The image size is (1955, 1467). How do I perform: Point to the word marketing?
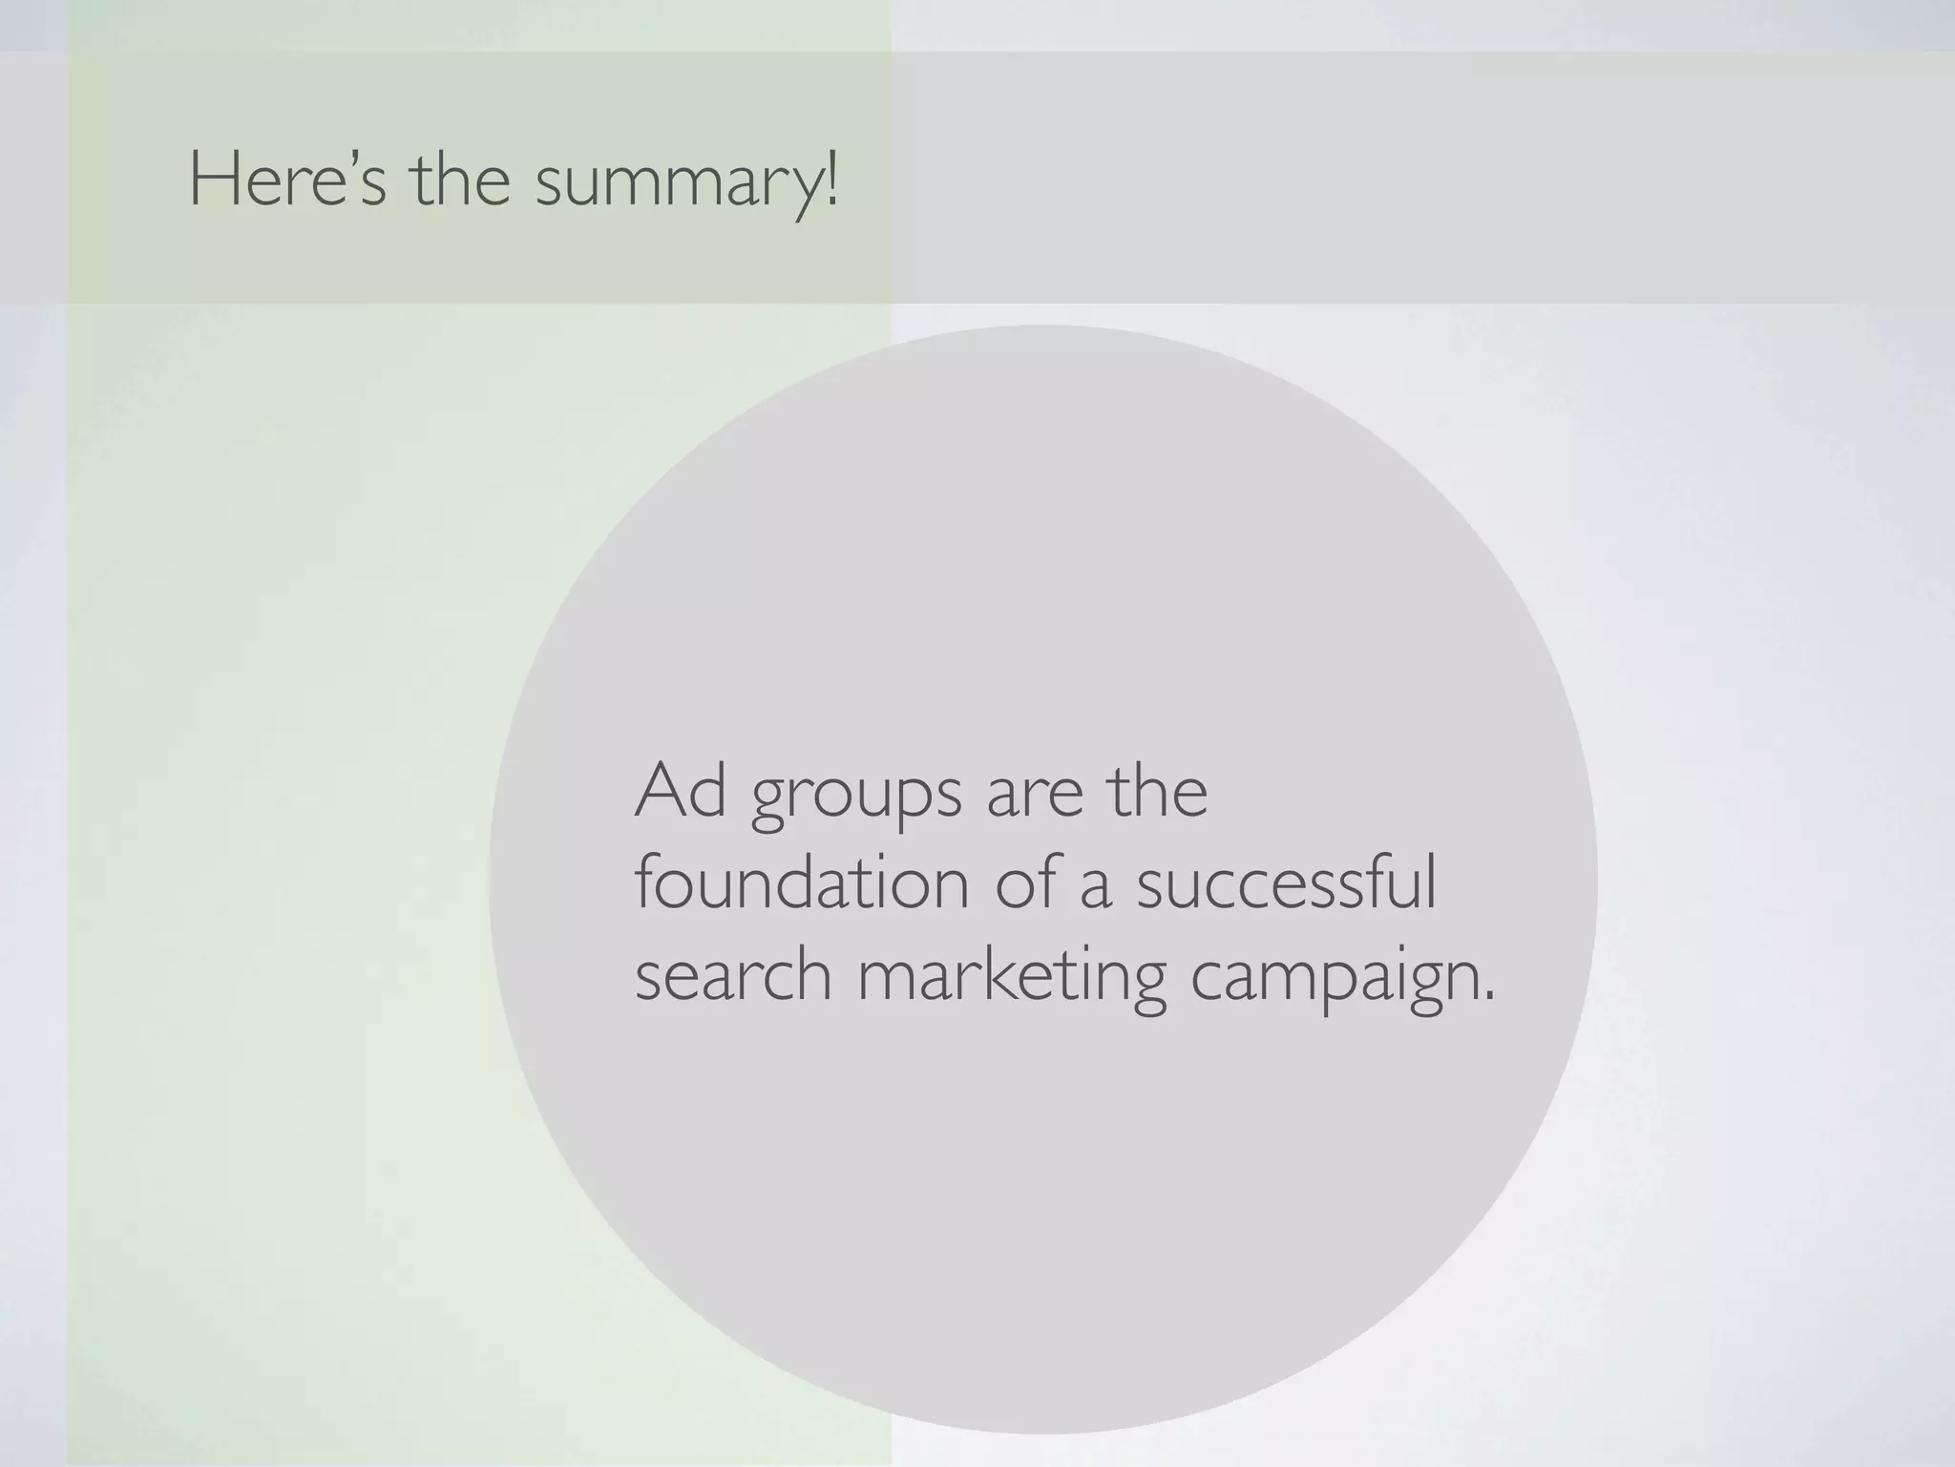(1012, 979)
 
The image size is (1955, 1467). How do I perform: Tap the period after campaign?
(1488, 997)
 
